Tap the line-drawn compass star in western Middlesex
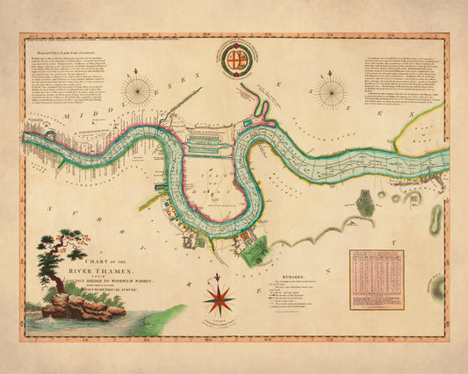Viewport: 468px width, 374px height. click(138, 90)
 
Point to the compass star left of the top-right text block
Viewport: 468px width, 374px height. click(332, 90)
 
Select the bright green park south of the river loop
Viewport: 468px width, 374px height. click(254, 250)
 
